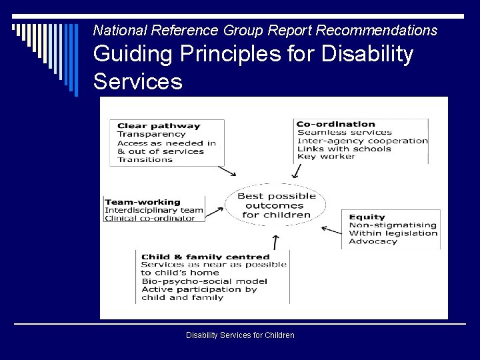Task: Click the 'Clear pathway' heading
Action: pos(159,126)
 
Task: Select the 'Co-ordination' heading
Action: pos(335,124)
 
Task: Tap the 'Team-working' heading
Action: pos(143,202)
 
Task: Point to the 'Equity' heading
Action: pos(367,217)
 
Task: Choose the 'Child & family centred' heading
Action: pos(205,257)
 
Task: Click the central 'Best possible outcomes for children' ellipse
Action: pos(277,205)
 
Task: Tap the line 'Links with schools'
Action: pos(344,149)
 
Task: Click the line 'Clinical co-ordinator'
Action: pos(150,218)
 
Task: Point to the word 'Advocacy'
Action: pos(373,241)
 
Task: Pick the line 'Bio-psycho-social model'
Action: pos(204,281)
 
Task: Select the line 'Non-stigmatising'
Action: pos(392,225)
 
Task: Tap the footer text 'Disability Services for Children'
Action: pos(240,335)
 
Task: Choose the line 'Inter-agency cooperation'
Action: pos(362,141)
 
